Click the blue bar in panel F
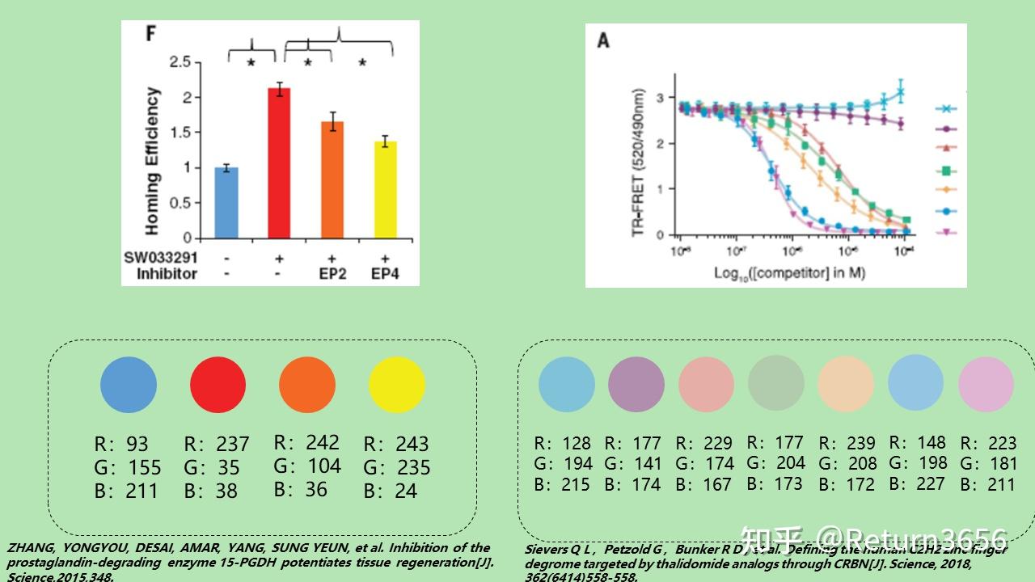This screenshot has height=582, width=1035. coord(226,203)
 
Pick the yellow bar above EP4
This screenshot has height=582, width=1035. coord(385,190)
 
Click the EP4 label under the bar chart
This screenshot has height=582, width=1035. coord(385,274)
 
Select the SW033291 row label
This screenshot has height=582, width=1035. coord(160,257)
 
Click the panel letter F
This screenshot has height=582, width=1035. coord(150,34)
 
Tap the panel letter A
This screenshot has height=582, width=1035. coord(603,40)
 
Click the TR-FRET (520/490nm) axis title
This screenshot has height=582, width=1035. coord(639,162)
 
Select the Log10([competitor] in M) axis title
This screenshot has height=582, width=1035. coord(789,272)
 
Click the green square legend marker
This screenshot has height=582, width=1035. coord(945,171)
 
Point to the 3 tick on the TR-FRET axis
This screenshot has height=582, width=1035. coord(661,98)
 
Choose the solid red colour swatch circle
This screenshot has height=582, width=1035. coord(218,385)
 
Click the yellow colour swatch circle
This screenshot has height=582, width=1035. coord(396,385)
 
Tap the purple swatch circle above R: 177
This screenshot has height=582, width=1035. coord(636,385)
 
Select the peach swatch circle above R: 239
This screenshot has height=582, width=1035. coord(845,385)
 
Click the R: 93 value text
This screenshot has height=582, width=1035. coord(121,444)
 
